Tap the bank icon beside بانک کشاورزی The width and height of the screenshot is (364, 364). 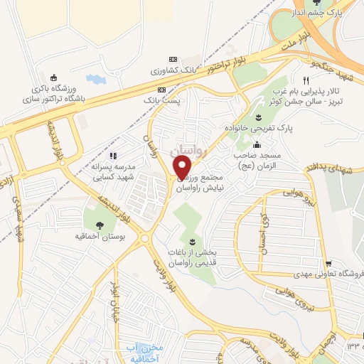(x=171, y=60)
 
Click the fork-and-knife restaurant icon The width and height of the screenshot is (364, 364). (x=306, y=80)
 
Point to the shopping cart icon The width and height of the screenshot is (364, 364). (x=327, y=264)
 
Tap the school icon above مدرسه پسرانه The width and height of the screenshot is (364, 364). (x=112, y=156)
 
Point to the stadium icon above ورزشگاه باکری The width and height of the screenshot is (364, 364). (x=55, y=77)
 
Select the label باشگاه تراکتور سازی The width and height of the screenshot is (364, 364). (x=53, y=100)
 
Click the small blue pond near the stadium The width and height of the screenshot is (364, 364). (x=94, y=79)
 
